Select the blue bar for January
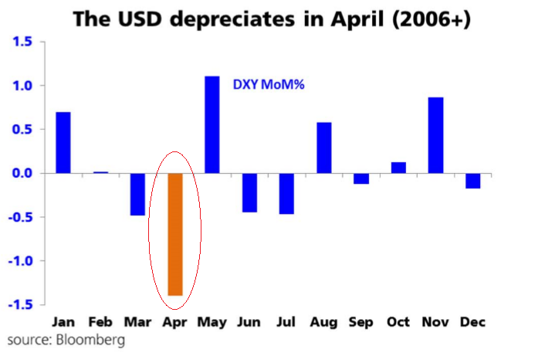tap(63, 143)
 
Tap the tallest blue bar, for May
tap(212, 124)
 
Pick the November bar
tap(435, 135)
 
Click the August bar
tap(324, 148)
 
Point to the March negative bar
tap(137, 194)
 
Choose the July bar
tap(286, 193)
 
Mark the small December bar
tap(472, 181)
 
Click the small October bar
tap(398, 168)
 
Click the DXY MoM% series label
tap(269, 84)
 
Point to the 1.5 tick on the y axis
tap(21, 42)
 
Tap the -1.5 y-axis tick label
tap(19, 304)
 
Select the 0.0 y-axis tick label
tap(21, 173)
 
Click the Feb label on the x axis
tap(100, 321)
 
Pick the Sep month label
tap(360, 321)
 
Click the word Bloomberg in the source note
tap(90, 340)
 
